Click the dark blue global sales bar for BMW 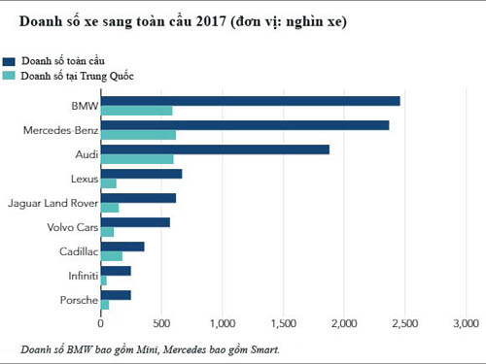250,101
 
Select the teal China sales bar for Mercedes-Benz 138,135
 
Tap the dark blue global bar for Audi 215,149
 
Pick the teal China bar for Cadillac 112,256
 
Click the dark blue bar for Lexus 141,174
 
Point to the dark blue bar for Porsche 116,295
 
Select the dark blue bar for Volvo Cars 135,222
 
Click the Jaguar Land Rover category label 52,203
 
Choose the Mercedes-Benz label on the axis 57,130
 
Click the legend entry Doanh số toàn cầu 62,60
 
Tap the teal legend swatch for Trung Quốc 10,75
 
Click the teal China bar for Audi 137,159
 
